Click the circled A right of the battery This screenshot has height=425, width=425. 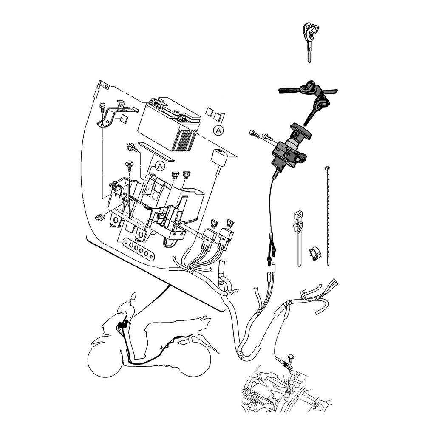[x=218, y=130]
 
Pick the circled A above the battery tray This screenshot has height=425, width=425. [x=160, y=166]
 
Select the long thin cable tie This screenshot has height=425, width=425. [x=329, y=217]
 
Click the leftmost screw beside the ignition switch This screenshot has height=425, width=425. [x=254, y=134]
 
